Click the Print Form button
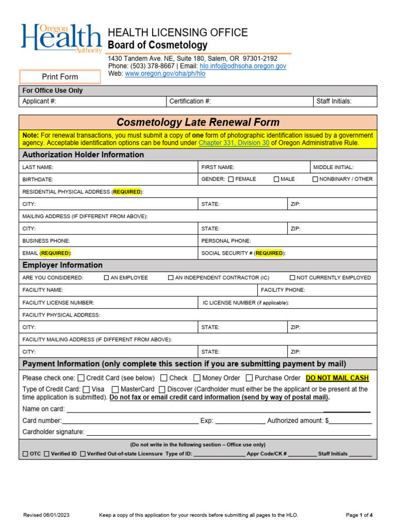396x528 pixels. pyautogui.click(x=60, y=77)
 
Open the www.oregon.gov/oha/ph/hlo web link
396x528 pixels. pyautogui.click(x=165, y=74)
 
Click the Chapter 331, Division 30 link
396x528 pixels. pyautogui.click(x=234, y=143)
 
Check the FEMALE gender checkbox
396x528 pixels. pyautogui.click(x=230, y=179)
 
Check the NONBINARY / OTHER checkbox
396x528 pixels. pyautogui.click(x=315, y=179)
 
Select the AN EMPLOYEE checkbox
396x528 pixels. pyautogui.click(x=107, y=277)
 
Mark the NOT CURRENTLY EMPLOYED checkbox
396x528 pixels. pyautogui.click(x=292, y=277)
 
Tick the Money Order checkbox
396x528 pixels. pyautogui.click(x=197, y=378)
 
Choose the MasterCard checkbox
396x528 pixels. pyautogui.click(x=115, y=389)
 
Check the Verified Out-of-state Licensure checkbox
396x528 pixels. pyautogui.click(x=83, y=454)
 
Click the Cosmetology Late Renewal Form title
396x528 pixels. pyautogui.click(x=198, y=122)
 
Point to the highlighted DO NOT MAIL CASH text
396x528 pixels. pyautogui.click(x=337, y=378)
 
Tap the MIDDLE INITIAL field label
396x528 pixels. pyautogui.click(x=334, y=167)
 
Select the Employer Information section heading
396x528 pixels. pyautogui.click(x=62, y=265)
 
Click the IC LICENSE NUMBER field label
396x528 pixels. pyautogui.click(x=246, y=303)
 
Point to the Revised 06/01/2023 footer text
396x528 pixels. pyautogui.click(x=47, y=515)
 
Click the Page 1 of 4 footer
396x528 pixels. pyautogui.click(x=359, y=515)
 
